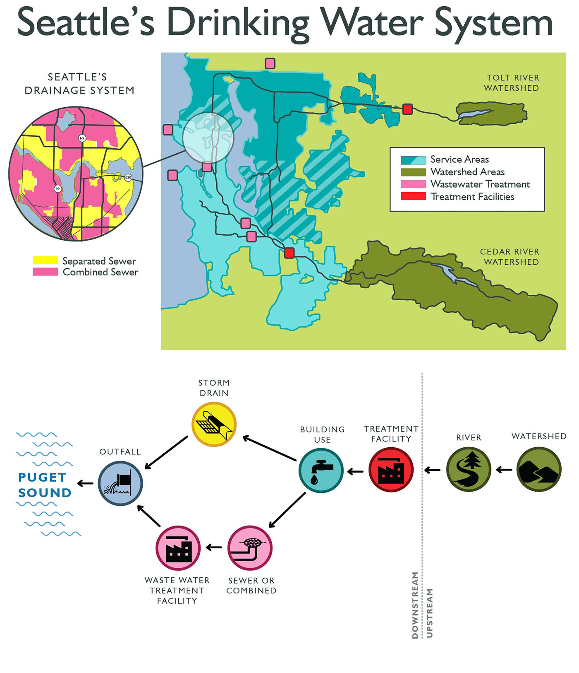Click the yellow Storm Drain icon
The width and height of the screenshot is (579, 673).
coord(214,425)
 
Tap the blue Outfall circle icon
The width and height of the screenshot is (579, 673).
coord(120,483)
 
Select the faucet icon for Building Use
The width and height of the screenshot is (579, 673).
coord(321,470)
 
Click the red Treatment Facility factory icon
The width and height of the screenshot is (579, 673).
coord(391,470)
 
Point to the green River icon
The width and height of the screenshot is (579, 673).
coord(469,469)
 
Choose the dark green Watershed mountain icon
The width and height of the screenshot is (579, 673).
coord(539,469)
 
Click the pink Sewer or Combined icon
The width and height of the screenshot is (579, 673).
coord(250,548)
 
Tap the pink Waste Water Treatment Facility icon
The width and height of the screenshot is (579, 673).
coord(178,548)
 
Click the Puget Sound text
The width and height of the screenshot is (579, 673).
coord(44,485)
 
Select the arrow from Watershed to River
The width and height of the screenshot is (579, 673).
coord(504,470)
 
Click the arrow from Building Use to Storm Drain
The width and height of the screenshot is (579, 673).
coord(269,448)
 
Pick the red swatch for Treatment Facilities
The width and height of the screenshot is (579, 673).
coord(413,196)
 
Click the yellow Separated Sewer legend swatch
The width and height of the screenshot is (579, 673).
coord(45,261)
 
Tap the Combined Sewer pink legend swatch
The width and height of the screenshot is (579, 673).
coord(45,272)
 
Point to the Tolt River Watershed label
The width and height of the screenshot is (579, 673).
coord(512,83)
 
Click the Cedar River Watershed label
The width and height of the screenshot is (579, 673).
coord(510,257)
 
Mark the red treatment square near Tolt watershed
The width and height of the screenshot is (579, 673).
coord(407,109)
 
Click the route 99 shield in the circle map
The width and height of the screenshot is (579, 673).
coord(57,189)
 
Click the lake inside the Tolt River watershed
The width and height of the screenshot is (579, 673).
coord(476,113)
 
